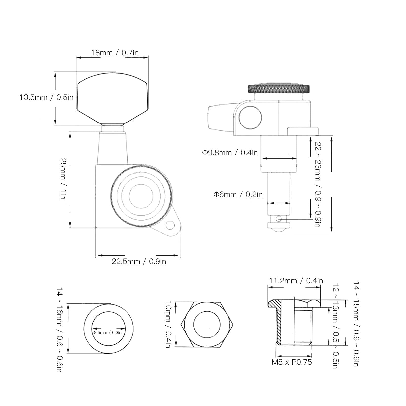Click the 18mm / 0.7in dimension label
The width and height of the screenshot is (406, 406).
115,53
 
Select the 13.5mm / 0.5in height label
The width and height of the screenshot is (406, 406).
46,97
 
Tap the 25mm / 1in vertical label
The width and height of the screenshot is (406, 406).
63,179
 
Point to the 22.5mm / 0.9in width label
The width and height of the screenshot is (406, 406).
139,261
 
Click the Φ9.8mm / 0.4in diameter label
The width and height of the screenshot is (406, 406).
230,153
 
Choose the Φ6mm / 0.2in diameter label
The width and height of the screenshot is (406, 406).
238,195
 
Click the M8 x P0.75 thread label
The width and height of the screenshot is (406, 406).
292,362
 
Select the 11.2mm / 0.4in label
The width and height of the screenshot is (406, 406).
296,281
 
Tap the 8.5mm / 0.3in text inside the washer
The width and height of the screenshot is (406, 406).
108,332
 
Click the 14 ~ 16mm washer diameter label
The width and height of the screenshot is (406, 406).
59,330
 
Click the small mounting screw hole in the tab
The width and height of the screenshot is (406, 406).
170,225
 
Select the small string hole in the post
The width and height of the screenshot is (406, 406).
279,218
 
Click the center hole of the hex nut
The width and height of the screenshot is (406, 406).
207,324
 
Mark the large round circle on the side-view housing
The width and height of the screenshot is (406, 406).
250,118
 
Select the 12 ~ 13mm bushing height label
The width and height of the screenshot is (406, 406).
336,326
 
